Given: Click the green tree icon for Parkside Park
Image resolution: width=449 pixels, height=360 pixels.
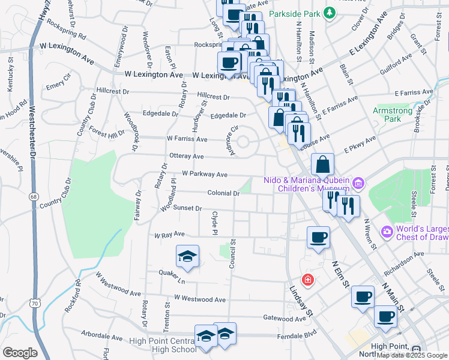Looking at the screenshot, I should coord(329,13).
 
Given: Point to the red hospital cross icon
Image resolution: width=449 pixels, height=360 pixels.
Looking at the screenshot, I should coord(308,280).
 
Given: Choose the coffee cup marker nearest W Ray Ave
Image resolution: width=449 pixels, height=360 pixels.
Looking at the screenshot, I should coord(318,236).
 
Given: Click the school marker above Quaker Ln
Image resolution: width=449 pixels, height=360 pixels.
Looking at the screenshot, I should coord(187,256).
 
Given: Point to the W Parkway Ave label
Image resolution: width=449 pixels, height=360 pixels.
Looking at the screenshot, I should coord(205,175).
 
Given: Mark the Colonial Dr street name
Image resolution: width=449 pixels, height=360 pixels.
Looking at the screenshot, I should coord(223,193).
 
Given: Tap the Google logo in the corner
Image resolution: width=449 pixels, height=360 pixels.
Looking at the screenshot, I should coord(19,353).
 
